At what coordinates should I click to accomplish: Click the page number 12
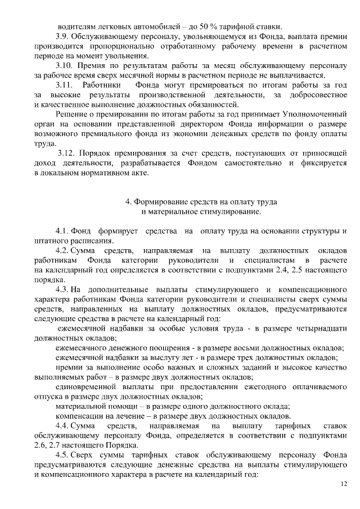(344, 485)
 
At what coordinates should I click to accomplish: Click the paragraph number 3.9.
(62, 36)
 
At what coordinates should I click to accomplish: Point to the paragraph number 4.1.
(62, 231)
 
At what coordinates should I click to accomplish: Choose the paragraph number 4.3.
(62, 289)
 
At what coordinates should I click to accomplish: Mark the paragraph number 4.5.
(62, 454)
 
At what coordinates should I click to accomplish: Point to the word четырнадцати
(318, 328)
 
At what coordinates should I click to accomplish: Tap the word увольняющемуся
(179, 36)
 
